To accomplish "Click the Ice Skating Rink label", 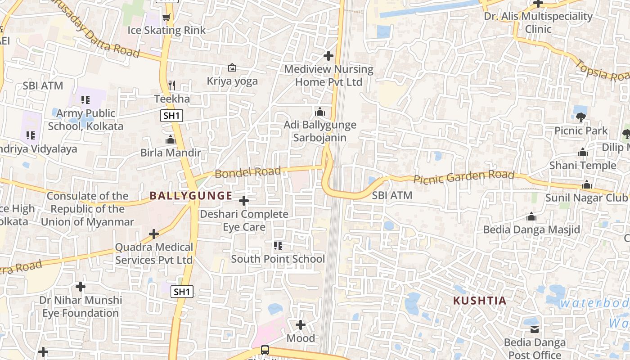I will point(166,30).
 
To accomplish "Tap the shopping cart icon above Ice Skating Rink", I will point(166,18).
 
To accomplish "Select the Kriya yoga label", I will point(232,81).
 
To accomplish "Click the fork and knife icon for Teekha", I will point(171,85).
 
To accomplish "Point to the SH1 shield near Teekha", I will point(171,116).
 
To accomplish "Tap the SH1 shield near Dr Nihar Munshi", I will point(182,292).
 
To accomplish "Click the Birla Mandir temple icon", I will point(170,140).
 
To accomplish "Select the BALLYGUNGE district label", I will point(191,196).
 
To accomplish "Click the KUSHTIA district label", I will point(479,301).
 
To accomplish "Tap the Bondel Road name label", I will point(247,172).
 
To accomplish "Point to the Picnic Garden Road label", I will point(463,177).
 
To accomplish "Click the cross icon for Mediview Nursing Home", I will point(328,56).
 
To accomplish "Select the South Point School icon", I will point(278,246).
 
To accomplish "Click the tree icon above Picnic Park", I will point(580,117).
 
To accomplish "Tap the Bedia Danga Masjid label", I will point(531,229).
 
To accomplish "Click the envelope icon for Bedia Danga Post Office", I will point(535,329).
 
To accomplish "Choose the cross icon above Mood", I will point(301,324).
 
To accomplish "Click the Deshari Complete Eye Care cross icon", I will point(244,200).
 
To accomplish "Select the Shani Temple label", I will point(583,165).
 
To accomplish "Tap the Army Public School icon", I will point(85,100).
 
